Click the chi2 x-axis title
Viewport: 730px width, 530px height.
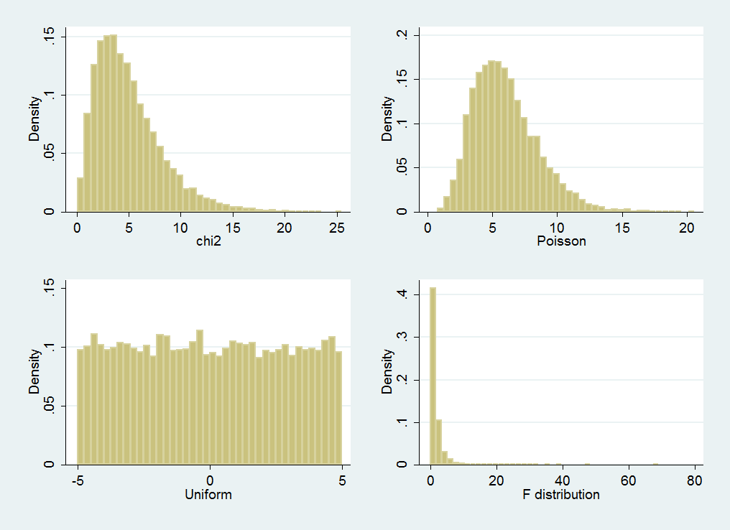209,241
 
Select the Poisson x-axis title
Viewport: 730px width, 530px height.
561,241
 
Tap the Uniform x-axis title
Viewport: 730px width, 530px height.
209,494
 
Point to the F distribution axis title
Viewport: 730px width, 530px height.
561,494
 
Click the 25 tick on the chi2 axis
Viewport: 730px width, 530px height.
336,227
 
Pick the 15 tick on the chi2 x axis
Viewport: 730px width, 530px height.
233,227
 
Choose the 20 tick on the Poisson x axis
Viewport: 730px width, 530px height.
687,227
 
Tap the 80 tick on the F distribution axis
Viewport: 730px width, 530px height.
693,480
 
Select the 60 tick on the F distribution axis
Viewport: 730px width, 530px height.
627,480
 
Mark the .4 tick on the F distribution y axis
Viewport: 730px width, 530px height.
405,294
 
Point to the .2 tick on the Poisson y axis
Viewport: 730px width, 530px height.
405,34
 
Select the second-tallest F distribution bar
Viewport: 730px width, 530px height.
439,442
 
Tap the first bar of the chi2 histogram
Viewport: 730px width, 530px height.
80,195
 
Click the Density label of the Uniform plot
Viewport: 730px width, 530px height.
34,371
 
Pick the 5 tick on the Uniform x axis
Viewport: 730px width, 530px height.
342,480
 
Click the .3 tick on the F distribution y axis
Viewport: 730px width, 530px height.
405,336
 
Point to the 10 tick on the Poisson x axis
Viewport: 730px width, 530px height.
558,227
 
